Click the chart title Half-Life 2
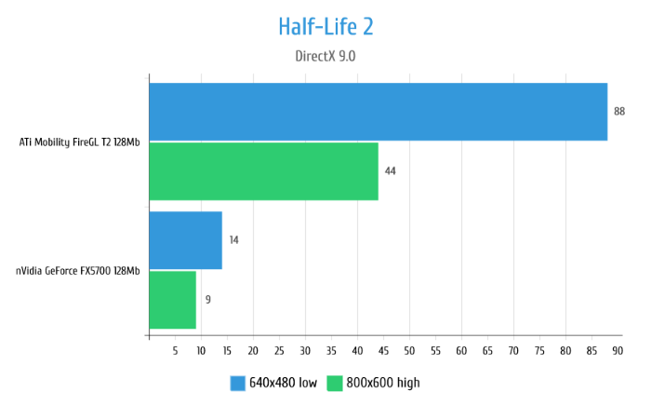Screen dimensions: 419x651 click(325, 26)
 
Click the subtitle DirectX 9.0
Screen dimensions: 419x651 click(325, 56)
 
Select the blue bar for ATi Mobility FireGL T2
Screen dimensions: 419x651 click(378, 112)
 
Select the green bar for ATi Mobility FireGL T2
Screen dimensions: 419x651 click(263, 171)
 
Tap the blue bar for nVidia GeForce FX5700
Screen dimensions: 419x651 click(185, 240)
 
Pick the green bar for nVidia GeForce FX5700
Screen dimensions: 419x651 click(172, 300)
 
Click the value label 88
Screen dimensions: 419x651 click(619, 112)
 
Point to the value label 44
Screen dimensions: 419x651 click(391, 171)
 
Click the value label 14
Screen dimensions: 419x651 click(233, 240)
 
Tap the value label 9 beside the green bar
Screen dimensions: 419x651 click(207, 300)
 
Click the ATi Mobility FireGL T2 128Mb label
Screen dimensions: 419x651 click(80, 142)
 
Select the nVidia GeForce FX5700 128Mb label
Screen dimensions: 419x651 click(78, 271)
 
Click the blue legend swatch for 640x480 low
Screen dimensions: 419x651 click(237, 383)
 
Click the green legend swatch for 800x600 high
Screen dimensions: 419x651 click(334, 383)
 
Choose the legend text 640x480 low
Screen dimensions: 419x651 click(283, 383)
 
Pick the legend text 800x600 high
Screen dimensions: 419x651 click(382, 383)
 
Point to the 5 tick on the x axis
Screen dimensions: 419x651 click(175, 350)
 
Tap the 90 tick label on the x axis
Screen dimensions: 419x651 click(618, 350)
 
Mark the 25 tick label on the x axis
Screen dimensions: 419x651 click(279, 350)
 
